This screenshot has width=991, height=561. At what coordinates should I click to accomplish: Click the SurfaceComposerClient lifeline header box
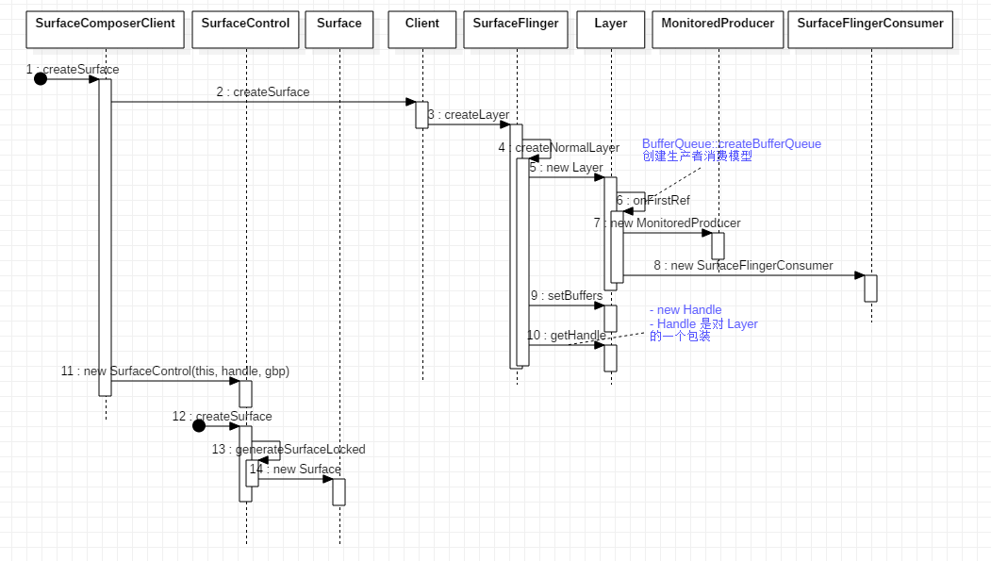(105, 29)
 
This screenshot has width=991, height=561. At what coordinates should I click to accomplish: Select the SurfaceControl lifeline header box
(245, 29)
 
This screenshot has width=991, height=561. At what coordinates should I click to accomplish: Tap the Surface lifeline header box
(339, 29)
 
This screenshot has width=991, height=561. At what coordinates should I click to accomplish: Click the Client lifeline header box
(421, 29)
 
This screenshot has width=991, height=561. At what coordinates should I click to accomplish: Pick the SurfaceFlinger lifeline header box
(516, 29)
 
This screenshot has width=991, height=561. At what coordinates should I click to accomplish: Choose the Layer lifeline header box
(610, 29)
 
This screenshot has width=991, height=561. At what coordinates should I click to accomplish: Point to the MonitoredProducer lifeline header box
(718, 29)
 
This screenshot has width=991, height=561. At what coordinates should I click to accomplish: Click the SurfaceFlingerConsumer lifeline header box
(869, 29)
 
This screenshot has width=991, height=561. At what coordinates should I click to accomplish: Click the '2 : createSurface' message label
(262, 92)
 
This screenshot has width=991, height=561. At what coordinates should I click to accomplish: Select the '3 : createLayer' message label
(469, 115)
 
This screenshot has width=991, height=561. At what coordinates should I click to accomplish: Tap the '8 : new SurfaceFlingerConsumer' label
(743, 266)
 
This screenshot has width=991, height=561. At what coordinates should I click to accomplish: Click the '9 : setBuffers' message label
(566, 296)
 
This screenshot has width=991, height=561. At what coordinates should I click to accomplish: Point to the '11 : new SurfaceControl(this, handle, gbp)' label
(174, 371)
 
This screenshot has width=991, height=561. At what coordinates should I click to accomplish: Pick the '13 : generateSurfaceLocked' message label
(288, 450)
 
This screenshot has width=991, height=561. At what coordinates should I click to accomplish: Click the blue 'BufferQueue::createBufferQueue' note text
(731, 144)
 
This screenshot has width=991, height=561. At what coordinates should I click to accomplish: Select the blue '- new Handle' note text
(685, 310)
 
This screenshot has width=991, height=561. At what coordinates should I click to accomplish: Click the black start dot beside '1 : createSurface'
(41, 79)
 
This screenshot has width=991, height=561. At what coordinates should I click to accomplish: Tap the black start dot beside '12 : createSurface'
(199, 426)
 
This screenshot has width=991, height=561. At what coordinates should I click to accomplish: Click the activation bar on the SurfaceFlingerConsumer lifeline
(870, 289)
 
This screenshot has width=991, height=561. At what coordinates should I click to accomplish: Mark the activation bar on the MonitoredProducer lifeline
(718, 246)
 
